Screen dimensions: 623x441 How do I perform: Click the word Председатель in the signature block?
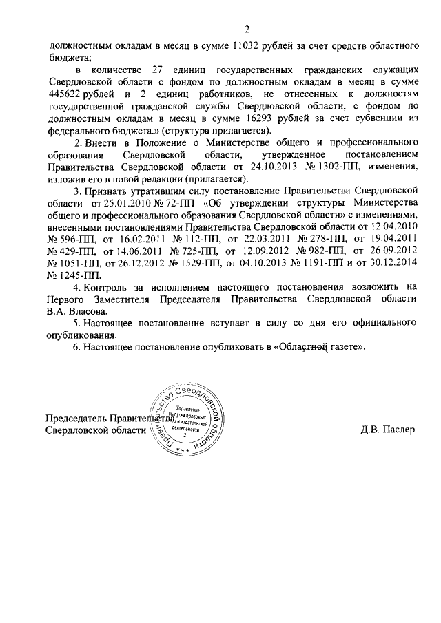pos(78,419)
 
